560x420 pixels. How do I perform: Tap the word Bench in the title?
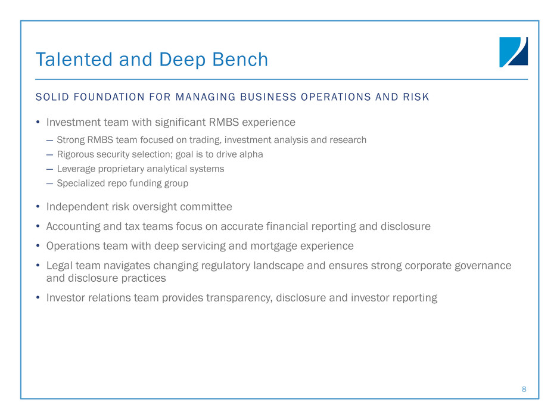click(x=240, y=60)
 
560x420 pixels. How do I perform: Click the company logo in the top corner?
click(x=514, y=52)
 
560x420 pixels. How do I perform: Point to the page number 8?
click(x=524, y=389)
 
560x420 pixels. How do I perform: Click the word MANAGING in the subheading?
click(x=206, y=97)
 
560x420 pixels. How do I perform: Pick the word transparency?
click(x=239, y=298)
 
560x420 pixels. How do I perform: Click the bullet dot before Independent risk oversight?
click(x=38, y=207)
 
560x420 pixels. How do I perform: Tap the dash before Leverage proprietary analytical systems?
click(x=49, y=169)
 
